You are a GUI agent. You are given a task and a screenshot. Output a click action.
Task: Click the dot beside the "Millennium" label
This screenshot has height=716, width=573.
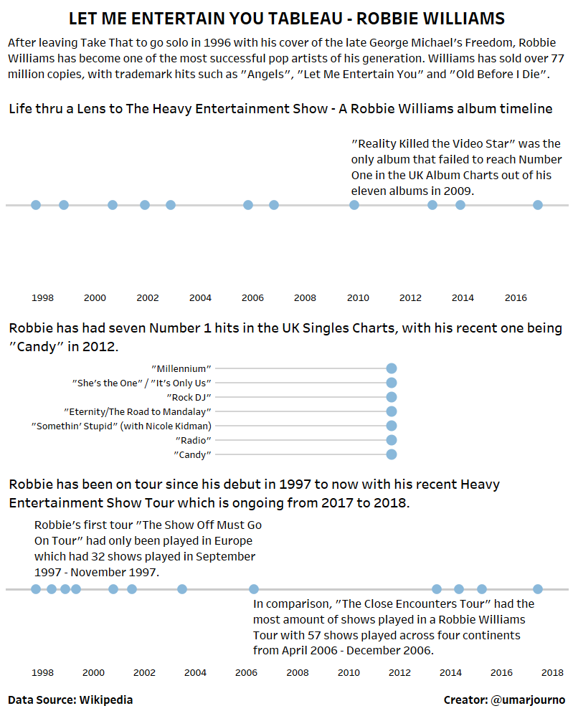(x=392, y=368)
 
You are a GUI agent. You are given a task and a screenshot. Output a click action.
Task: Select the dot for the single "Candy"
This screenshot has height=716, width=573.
(x=392, y=454)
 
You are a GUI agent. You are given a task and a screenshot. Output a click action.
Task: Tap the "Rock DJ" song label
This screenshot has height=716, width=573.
(x=189, y=397)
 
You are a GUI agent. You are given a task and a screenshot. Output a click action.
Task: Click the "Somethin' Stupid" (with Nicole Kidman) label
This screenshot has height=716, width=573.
(x=121, y=426)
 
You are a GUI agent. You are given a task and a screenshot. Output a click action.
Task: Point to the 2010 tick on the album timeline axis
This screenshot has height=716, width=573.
(x=358, y=297)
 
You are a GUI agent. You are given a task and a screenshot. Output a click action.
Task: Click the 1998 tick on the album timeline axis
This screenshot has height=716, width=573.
(x=42, y=297)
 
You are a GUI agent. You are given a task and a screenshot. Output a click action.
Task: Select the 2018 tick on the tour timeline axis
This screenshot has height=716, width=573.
(x=551, y=673)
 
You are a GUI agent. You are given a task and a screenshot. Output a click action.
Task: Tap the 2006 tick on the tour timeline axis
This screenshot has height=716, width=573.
(x=246, y=673)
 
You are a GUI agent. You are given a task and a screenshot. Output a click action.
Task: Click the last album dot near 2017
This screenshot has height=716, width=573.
(x=538, y=205)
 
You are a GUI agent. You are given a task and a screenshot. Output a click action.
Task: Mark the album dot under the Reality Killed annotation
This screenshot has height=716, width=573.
(x=354, y=205)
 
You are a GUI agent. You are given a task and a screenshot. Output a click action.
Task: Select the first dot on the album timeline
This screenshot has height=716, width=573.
(x=36, y=205)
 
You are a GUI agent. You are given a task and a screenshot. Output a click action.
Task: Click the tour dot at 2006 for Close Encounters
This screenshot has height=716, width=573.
(x=254, y=589)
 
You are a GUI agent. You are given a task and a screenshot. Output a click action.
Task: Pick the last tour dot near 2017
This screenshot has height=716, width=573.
(x=538, y=589)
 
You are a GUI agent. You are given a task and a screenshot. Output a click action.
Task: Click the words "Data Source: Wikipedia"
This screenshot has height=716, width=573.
(x=70, y=700)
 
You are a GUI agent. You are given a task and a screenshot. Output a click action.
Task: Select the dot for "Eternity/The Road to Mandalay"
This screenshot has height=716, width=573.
(x=392, y=411)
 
